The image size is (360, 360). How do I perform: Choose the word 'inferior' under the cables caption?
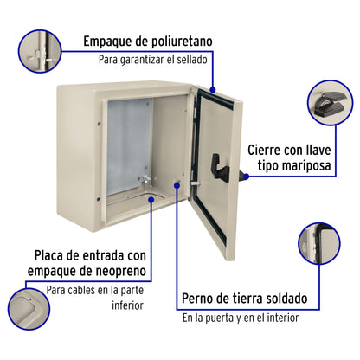[x=128, y=305]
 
